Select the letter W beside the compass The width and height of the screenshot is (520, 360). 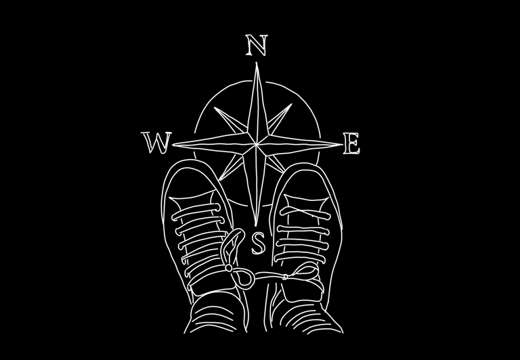tap(157, 143)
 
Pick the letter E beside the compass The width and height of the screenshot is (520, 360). tap(351, 144)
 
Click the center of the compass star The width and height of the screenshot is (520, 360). tap(257, 142)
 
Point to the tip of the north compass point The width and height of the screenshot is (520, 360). tap(257, 65)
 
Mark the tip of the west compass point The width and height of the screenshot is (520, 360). tap(174, 144)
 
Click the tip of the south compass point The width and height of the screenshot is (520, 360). tap(257, 223)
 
